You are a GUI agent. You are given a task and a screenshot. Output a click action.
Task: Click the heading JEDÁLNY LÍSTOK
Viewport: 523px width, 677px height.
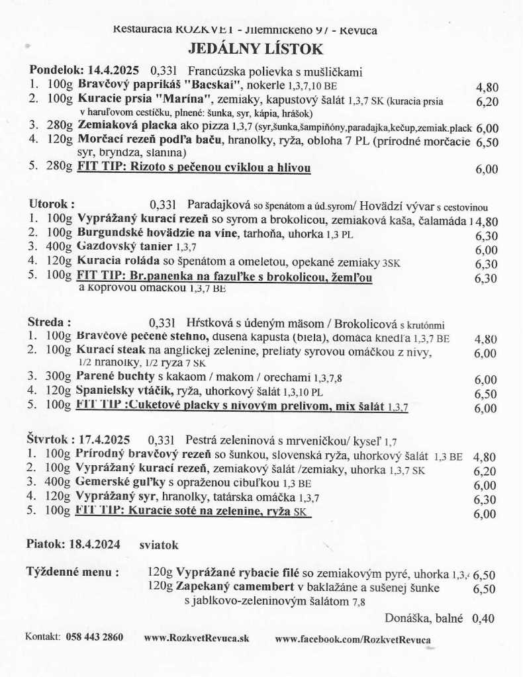point(256,49)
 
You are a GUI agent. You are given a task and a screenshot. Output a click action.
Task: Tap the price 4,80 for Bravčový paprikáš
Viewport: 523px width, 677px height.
point(487,87)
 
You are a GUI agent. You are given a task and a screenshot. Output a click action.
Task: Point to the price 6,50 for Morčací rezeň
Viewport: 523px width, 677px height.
point(487,142)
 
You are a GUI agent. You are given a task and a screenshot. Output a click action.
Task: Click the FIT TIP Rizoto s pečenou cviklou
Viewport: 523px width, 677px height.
point(194,167)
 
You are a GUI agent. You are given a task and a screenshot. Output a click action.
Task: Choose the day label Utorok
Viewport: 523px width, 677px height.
point(52,203)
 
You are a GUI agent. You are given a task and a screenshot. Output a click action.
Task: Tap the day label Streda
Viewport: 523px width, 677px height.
point(50,322)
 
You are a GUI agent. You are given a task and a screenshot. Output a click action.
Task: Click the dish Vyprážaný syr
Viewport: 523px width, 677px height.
point(116,498)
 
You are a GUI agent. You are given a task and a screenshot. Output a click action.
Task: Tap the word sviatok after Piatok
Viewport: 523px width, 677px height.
point(159,545)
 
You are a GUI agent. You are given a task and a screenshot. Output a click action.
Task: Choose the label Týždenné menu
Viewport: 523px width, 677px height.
point(73,572)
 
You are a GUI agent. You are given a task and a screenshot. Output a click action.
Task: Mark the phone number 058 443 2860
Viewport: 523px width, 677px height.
point(95,637)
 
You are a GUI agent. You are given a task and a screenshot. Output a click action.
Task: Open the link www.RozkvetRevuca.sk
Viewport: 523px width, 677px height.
point(196,638)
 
